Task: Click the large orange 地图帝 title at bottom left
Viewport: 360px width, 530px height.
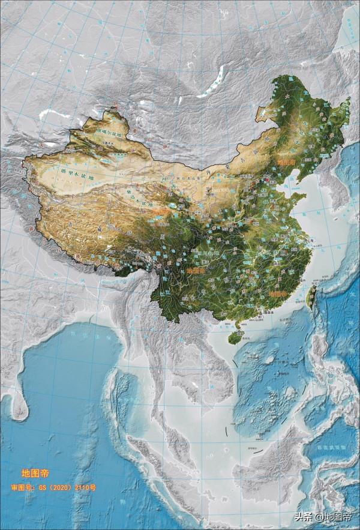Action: pos(35,474)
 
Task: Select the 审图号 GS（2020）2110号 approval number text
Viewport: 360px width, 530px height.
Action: pos(53,487)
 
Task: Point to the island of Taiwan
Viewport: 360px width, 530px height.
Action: pos(313,295)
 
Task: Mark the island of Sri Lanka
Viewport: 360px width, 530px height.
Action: pos(21,408)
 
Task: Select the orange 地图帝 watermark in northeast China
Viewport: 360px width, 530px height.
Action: pos(286,161)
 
